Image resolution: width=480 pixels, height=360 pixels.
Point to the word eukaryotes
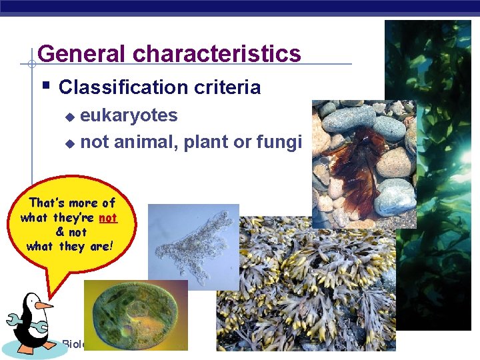tap(129, 116)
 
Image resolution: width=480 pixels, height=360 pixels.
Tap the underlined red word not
tap(107, 218)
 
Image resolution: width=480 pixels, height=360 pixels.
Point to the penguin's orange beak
tap(43, 305)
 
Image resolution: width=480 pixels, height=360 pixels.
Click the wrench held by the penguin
tap(21, 325)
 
